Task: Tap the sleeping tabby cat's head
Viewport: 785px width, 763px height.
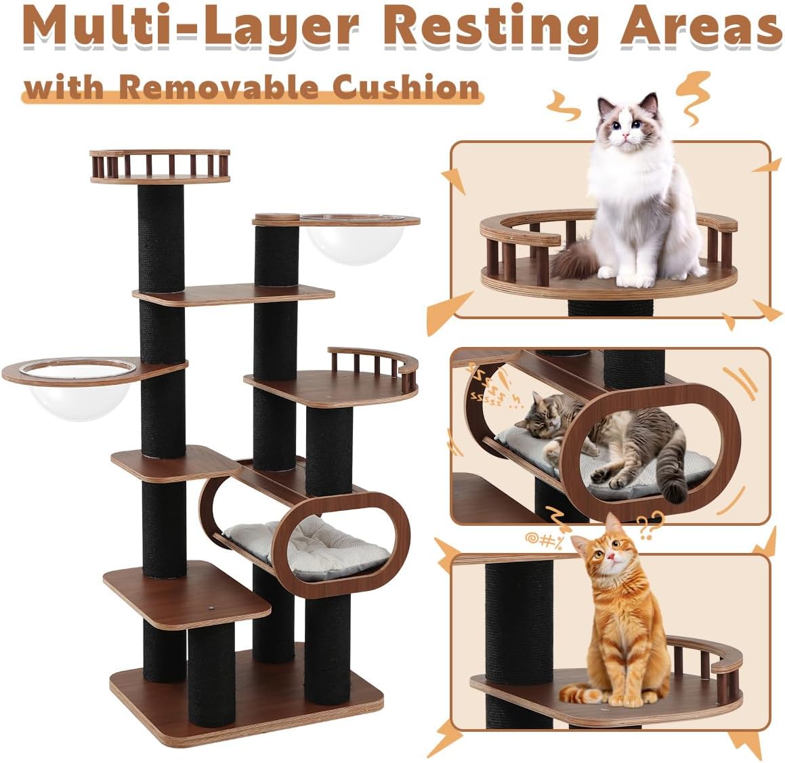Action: (538, 413)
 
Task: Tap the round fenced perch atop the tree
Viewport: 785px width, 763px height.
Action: (160, 166)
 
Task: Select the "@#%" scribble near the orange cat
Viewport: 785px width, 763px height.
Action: (539, 540)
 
